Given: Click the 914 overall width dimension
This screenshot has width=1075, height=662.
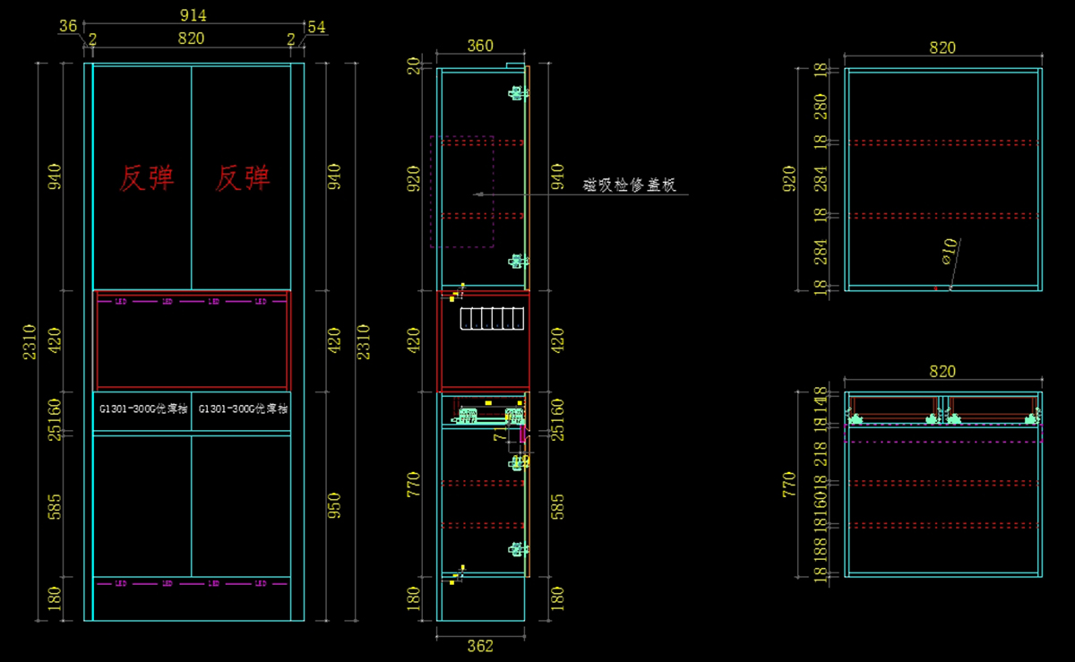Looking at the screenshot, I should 192,15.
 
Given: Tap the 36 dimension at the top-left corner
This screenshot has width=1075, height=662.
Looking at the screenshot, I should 68,27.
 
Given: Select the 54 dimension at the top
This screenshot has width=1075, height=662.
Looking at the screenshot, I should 316,27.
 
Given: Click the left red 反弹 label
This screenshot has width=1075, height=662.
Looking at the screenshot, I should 147,179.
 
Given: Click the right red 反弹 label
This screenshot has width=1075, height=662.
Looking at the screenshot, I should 243,179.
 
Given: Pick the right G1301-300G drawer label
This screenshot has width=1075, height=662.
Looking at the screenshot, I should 243,408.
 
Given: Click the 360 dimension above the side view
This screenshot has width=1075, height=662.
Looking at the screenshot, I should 480,47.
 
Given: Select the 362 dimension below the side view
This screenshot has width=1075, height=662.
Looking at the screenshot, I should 480,645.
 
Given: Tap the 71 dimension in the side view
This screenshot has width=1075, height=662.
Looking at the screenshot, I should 500,436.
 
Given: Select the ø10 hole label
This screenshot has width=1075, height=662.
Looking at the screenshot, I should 950,250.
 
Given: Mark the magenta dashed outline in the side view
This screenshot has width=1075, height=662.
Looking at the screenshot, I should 462,192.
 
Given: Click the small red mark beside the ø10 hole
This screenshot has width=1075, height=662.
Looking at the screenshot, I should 935,288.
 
